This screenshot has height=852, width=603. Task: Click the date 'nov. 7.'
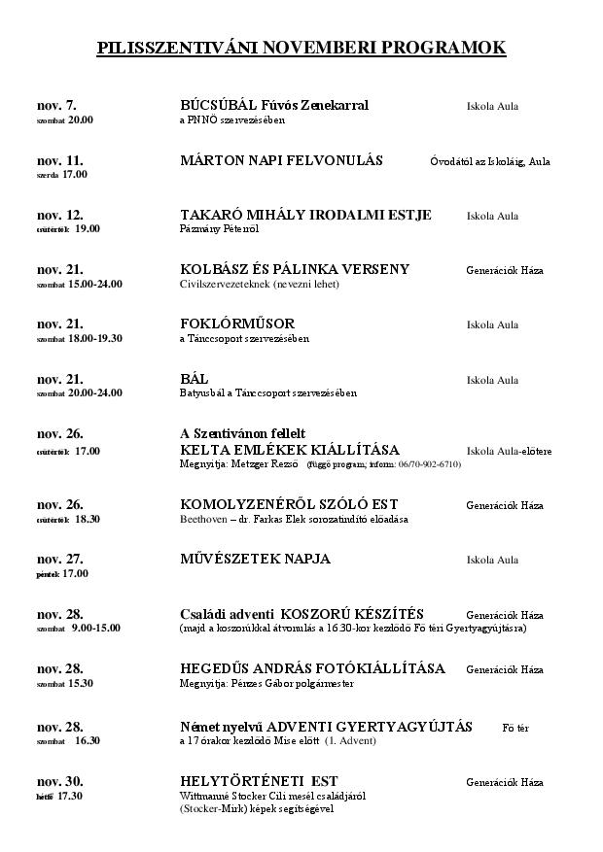coord(56,105)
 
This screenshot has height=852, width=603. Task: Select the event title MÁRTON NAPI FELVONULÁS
coord(281,160)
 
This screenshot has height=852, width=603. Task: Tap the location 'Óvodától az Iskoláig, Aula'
coord(489,161)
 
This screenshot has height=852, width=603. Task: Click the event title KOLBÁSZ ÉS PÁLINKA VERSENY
coord(295,269)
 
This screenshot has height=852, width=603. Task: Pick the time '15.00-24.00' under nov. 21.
coord(95,284)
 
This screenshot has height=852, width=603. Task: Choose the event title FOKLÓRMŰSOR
coord(237,324)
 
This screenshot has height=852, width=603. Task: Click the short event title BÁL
coord(195,379)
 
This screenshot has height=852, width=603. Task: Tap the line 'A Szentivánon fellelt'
coord(243,433)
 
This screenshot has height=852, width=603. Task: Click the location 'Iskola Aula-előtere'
coord(509,451)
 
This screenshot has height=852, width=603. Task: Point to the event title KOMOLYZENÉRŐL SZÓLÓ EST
coord(289,505)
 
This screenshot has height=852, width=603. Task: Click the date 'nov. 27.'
coord(59,559)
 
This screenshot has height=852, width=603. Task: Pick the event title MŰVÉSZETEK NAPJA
coord(255,559)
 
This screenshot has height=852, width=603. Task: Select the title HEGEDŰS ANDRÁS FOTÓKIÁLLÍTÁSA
coord(312,668)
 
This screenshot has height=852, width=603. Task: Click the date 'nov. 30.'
coord(59,782)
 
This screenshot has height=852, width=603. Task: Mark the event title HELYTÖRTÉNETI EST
coord(259,781)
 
